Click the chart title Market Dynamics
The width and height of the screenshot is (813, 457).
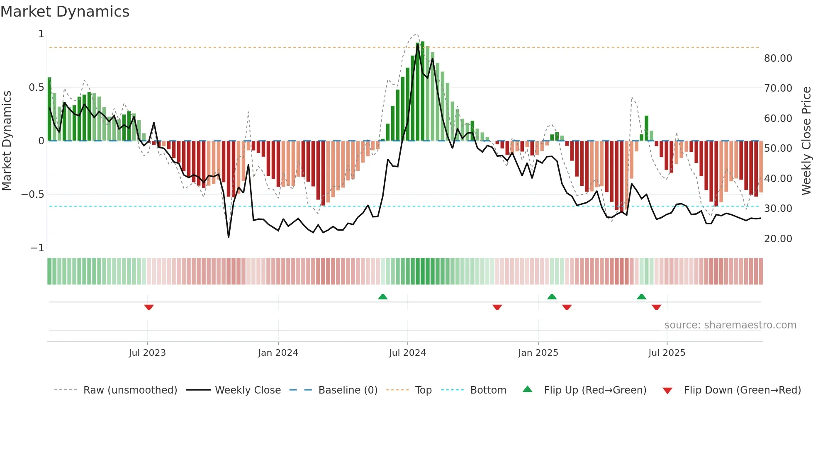pyautogui.click(x=65, y=12)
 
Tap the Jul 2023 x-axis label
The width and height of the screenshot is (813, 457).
pyautogui.click(x=147, y=353)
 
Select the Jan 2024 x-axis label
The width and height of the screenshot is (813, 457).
pyautogui.click(x=278, y=353)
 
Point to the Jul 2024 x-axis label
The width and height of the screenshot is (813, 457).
pyautogui.click(x=407, y=353)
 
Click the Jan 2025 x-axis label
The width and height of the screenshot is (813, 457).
pyautogui.click(x=538, y=353)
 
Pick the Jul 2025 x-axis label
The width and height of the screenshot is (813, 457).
pyautogui.click(x=667, y=353)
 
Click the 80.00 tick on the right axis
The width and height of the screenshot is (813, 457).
pyautogui.click(x=778, y=58)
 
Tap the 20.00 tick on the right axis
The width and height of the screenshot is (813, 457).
pyautogui.click(x=778, y=239)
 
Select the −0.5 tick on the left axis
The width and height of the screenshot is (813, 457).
pyautogui.click(x=33, y=194)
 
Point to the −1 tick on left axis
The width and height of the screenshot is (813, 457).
pyautogui.click(x=37, y=248)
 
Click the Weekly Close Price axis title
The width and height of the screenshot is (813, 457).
pyautogui.click(x=806, y=141)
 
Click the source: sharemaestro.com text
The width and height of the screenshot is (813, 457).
pyautogui.click(x=730, y=325)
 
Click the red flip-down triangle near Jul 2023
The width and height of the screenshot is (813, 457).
pyautogui.click(x=149, y=307)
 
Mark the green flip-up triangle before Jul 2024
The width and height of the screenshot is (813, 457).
pyautogui.click(x=383, y=297)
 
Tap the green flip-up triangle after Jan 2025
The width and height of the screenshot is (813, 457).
pyautogui.click(x=552, y=297)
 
